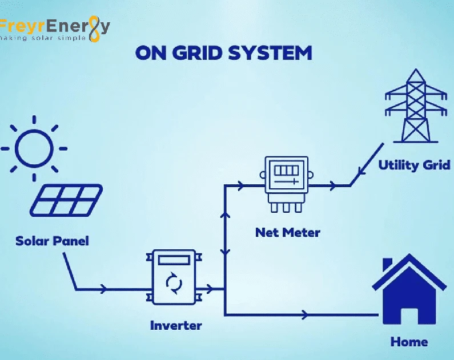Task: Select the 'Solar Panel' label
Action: pos(52,240)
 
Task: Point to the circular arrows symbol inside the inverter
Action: pos(173,282)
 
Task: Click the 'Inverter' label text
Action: pos(175,325)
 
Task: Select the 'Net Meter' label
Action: pos(287,232)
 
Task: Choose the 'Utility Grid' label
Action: pos(414,165)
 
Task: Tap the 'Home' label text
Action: pos(409,342)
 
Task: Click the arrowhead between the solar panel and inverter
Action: pos(103,289)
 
